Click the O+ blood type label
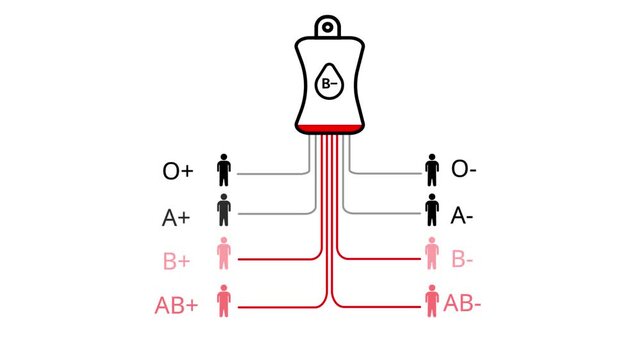(x=177, y=171)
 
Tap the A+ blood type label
(x=177, y=216)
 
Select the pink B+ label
(x=177, y=262)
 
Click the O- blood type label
(x=464, y=169)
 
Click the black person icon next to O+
(x=224, y=170)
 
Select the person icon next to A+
(x=224, y=213)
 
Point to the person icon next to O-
(x=432, y=170)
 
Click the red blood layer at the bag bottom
(x=328, y=127)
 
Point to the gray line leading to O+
(x=270, y=174)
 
